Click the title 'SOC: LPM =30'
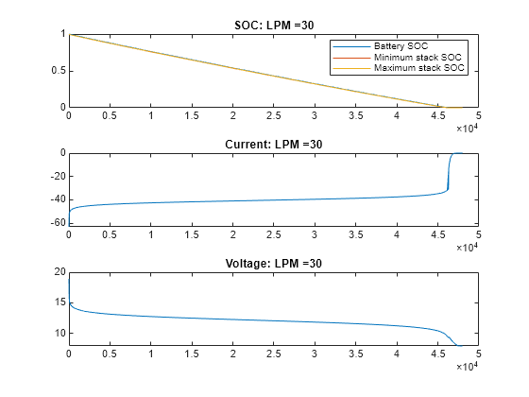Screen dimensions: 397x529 pos(273,25)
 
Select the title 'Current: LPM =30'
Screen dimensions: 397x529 pos(273,144)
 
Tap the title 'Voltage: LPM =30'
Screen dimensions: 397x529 pos(273,263)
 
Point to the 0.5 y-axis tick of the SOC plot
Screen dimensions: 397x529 pos(57,71)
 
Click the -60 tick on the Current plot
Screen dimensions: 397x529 pos(55,222)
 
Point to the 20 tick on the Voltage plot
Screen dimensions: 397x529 pos(58,272)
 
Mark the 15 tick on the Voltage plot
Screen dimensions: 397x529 pos(58,302)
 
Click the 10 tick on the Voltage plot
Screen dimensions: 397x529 pos(58,333)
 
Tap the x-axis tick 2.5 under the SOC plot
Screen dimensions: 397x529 pos(273,116)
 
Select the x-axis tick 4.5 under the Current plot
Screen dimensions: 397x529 pos(437,235)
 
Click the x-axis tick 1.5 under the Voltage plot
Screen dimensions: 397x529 pos(191,354)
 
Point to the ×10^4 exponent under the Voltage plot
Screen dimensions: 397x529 pos(467,367)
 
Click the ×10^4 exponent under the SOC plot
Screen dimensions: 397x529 pos(467,128)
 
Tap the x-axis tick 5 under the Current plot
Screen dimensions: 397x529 pos(479,235)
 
